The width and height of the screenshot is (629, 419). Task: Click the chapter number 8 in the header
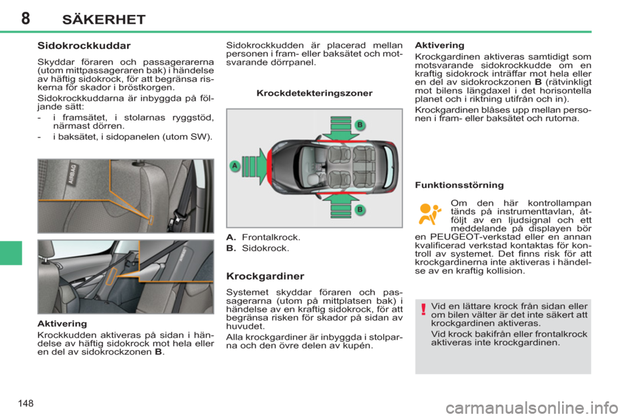pyautogui.click(x=24, y=18)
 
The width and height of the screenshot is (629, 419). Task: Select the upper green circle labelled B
pyautogui.click(x=358, y=124)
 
